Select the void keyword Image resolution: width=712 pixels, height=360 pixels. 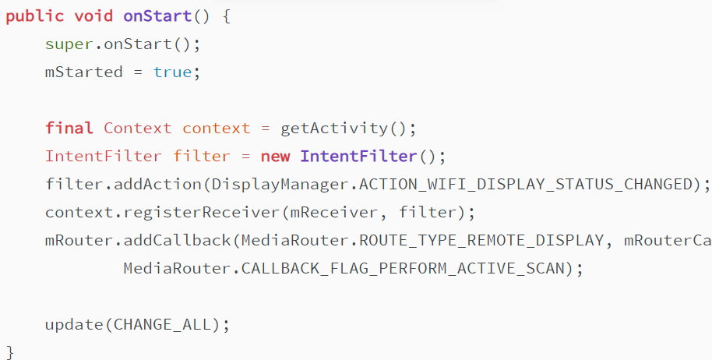[93, 16]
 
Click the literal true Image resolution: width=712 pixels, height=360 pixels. [172, 72]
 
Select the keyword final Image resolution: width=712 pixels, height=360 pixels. [69, 129]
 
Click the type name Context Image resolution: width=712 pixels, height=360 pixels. [138, 129]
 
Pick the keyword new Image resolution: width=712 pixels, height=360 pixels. [275, 157]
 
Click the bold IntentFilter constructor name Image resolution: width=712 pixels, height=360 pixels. [358, 157]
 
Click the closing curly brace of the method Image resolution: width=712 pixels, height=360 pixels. [10, 351]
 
